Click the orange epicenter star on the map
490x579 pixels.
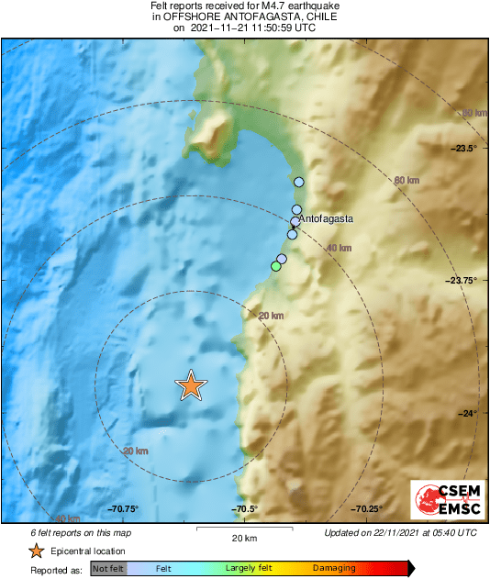190,385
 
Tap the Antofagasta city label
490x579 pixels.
326,220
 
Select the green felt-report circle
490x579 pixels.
275,266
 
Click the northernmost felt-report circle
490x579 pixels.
298,183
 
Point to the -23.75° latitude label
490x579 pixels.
462,281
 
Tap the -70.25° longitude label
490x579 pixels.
366,509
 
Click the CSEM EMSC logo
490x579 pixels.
442,505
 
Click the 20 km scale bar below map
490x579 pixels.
243,532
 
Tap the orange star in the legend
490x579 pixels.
36,551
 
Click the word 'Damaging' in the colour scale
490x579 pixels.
333,569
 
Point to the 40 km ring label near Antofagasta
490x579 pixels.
339,248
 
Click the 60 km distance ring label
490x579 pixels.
405,180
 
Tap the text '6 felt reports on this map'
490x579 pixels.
81,532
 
